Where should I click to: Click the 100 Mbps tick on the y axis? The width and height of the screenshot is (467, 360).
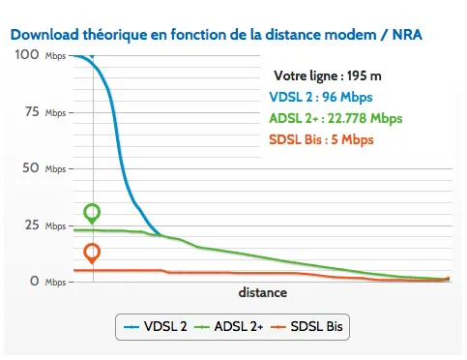(x=40, y=56)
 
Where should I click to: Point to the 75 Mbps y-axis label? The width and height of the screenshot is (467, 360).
(x=40, y=112)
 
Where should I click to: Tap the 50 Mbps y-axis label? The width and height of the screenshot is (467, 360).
(x=40, y=168)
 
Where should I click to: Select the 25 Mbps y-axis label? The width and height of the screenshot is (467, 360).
(x=40, y=225)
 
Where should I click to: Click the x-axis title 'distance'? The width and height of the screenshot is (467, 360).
(x=262, y=291)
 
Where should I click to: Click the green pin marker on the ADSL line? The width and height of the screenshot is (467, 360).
(x=92, y=213)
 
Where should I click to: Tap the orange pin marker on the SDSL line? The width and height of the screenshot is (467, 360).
(x=92, y=254)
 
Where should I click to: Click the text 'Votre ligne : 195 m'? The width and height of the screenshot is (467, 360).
(x=327, y=75)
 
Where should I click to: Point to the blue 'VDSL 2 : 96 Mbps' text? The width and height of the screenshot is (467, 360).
(x=320, y=97)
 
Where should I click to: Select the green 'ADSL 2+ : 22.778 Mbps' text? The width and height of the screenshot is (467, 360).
(x=335, y=118)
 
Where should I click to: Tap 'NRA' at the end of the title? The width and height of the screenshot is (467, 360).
(x=405, y=34)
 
